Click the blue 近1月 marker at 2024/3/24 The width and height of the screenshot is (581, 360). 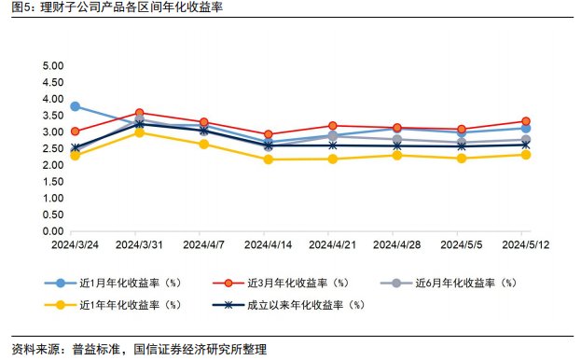pos(75,106)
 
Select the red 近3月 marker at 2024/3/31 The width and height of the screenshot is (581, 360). pos(139,113)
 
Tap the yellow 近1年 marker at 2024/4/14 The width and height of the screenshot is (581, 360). pos(269,159)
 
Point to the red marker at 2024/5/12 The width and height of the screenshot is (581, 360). pos(526,121)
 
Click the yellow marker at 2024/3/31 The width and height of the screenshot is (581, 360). pos(139,132)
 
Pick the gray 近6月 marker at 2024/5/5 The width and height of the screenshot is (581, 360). pos(462,142)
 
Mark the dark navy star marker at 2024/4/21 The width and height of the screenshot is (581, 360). pos(333,145)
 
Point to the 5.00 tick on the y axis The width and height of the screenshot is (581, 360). pos(53,67)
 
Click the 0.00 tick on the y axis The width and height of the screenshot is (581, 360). pos(53,231)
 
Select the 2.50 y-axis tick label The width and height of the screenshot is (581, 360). pos(53,149)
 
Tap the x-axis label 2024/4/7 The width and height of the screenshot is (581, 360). pos(203,244)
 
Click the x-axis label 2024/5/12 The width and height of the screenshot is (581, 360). pos(526,244)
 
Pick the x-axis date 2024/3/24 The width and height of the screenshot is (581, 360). pos(75,244)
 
